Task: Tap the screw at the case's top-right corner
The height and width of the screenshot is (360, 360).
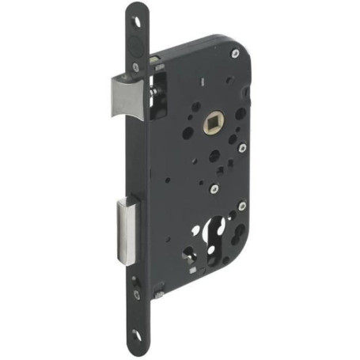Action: point(235,54)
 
